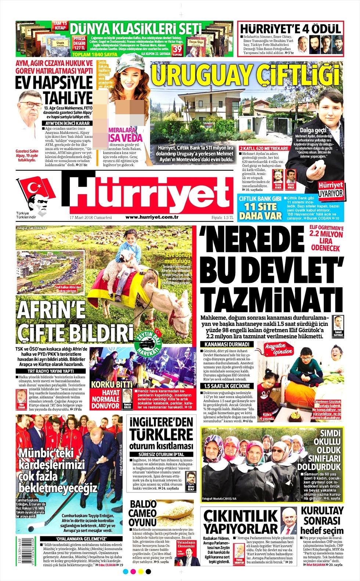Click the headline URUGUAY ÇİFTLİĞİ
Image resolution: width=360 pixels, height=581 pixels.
click(x=245, y=75)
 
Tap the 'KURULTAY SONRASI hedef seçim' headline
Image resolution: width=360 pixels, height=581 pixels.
click(x=322, y=520)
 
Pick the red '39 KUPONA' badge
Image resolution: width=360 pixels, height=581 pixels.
click(x=177, y=50)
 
